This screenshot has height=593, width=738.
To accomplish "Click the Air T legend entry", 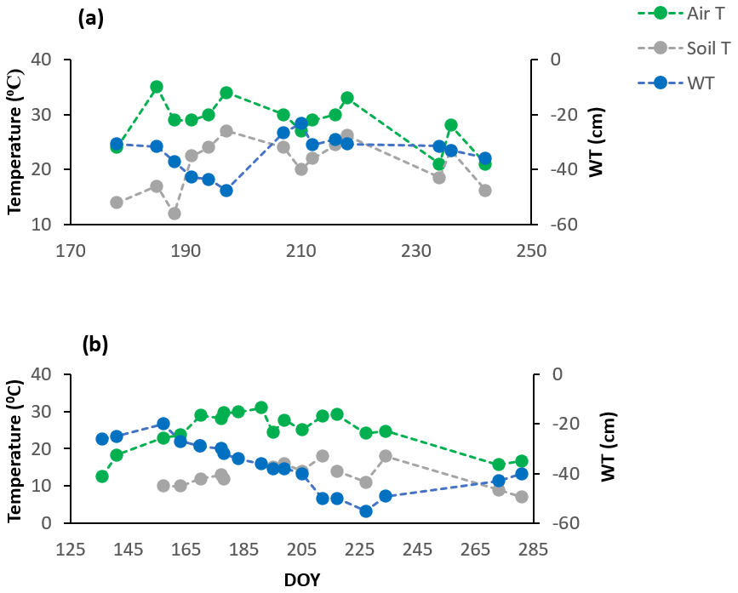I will [x=689, y=14].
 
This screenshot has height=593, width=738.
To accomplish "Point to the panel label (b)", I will [x=94, y=345].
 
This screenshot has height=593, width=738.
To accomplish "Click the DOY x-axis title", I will [x=301, y=579].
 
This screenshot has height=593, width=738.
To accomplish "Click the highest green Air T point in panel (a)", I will [x=157, y=87].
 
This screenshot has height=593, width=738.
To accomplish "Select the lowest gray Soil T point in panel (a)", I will [x=174, y=214].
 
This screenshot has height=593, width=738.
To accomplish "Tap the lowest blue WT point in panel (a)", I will [x=226, y=191].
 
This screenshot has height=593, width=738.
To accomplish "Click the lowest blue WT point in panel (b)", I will [x=366, y=511].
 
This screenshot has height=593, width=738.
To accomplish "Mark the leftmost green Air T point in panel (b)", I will [x=102, y=476].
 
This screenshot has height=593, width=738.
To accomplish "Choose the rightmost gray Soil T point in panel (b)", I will [x=522, y=497].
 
